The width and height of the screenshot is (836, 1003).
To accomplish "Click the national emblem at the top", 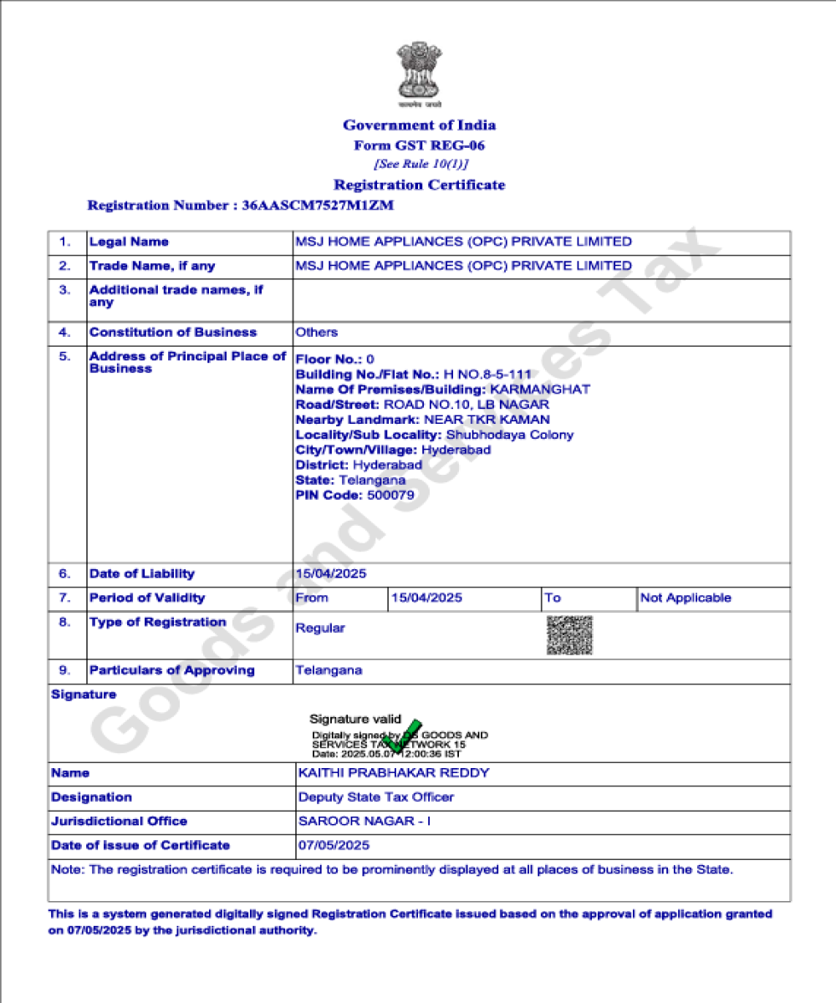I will tap(418, 74).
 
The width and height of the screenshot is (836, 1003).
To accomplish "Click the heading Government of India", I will tap(419, 125).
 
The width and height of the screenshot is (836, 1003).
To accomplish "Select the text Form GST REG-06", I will tap(419, 145).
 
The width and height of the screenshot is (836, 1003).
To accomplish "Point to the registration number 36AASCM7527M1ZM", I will tap(317, 205).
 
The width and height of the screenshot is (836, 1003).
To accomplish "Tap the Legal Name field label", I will tap(129, 242).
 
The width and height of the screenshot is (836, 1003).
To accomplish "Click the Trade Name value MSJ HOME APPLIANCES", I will tap(463, 266).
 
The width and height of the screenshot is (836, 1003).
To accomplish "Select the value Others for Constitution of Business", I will tap(317, 332).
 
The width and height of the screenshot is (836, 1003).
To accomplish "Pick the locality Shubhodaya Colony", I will tap(510, 435).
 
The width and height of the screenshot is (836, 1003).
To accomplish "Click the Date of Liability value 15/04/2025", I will tap(331, 574).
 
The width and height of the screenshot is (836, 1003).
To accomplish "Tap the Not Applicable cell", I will tap(686, 598).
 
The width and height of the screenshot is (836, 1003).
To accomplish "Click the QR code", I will tap(569, 635).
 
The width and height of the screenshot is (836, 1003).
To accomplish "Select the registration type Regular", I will tap(320, 629).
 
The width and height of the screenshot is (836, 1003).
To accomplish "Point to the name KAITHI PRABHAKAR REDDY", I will tap(394, 773).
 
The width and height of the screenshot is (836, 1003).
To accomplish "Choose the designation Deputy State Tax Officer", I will tap(376, 797).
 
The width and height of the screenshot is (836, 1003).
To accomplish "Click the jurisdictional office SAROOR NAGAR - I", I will tap(364, 822).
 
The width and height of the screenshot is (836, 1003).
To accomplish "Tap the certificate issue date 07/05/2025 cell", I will tap(334, 846).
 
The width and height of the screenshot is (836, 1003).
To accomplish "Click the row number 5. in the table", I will tap(64, 356).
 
